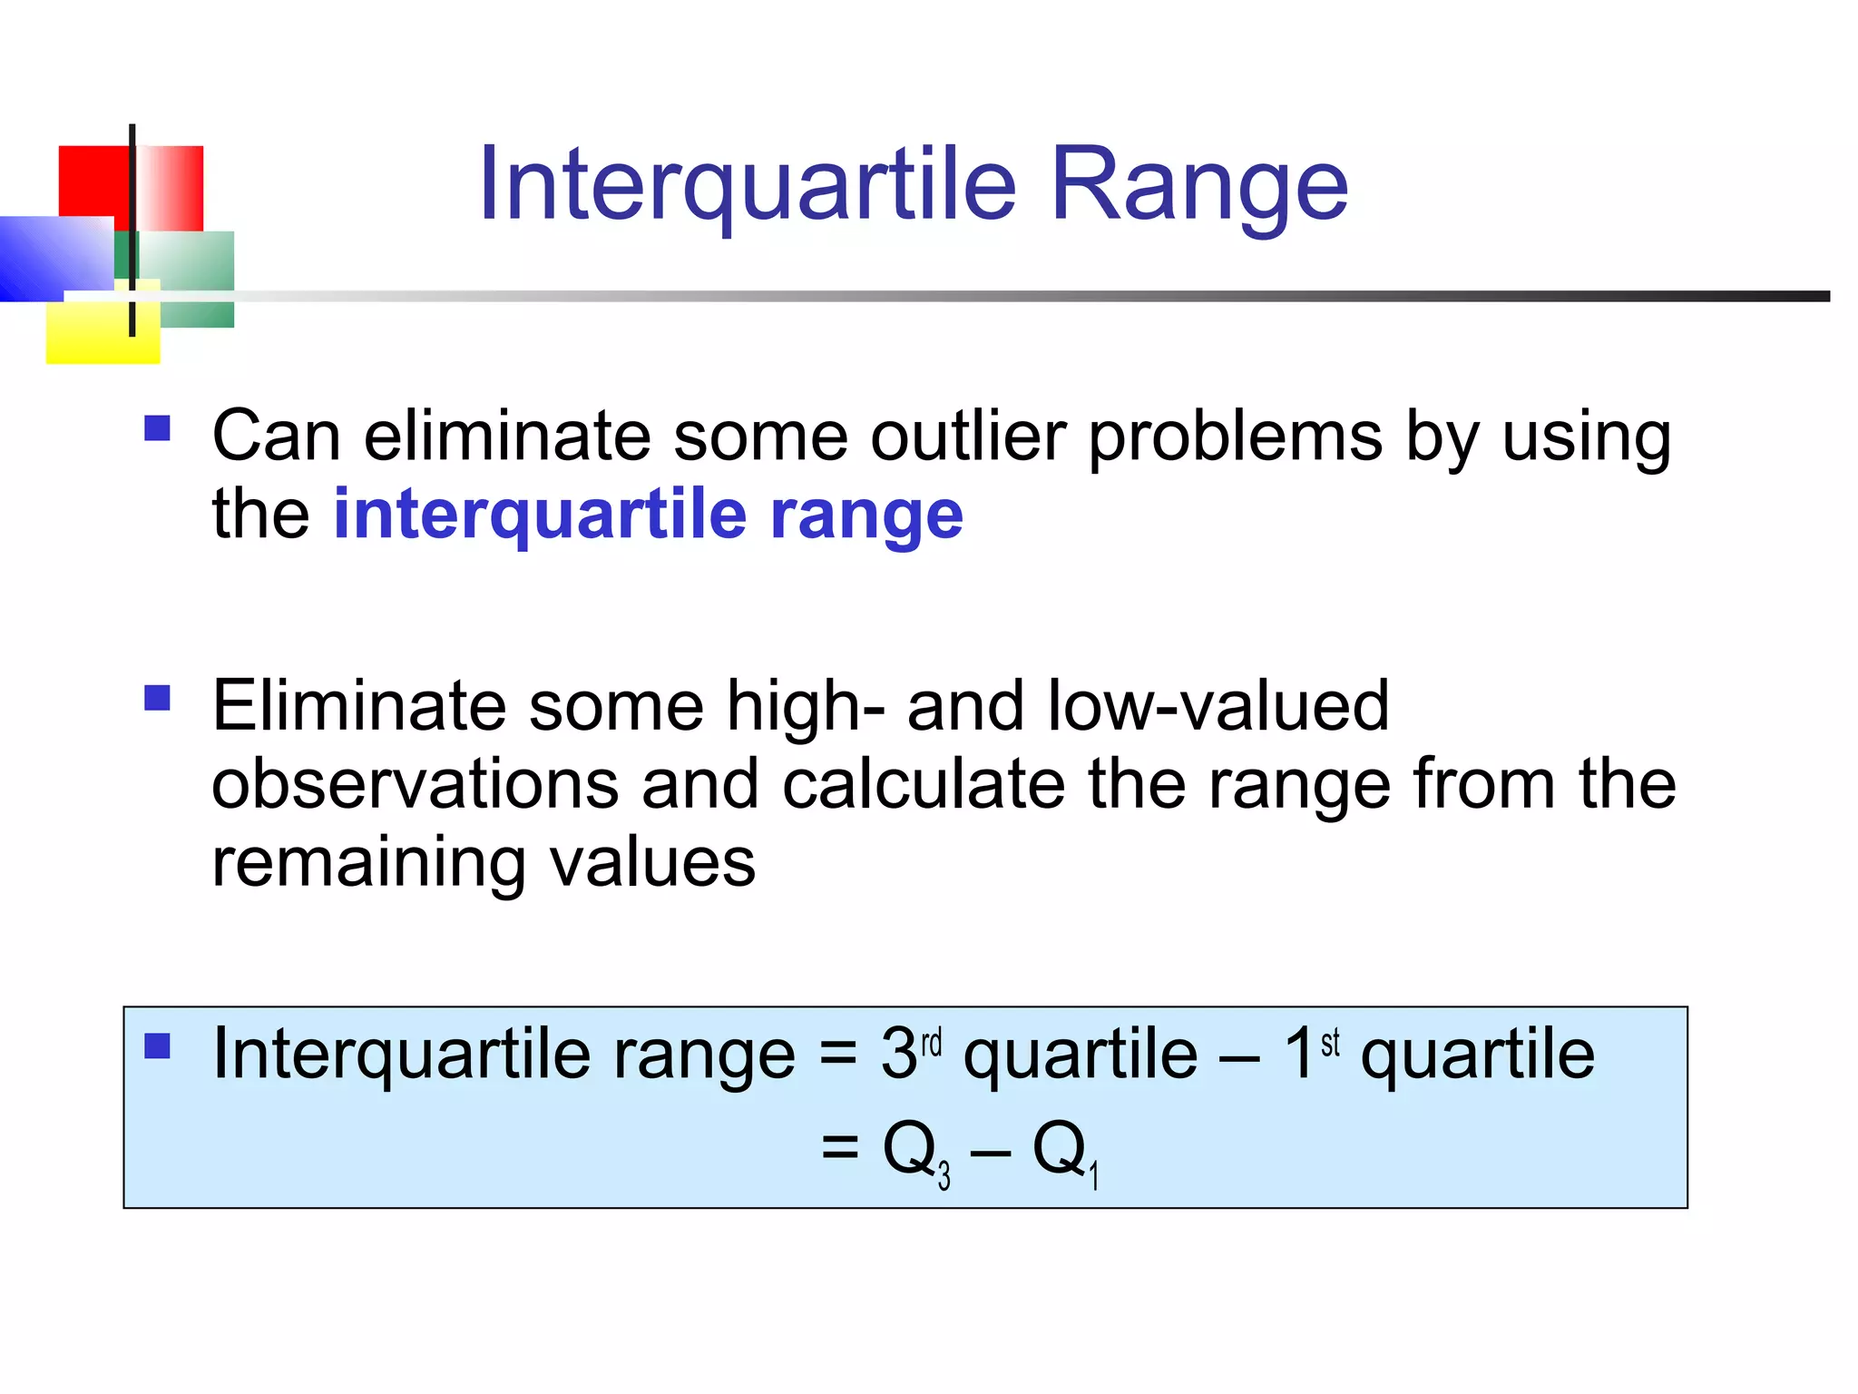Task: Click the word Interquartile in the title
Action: click(x=748, y=186)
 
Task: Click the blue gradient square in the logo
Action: click(x=50, y=259)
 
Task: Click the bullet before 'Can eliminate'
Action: click(x=158, y=427)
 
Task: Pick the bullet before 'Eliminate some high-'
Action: click(x=158, y=698)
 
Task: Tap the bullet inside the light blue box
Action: click(x=158, y=1046)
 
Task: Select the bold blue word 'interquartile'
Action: click(x=541, y=515)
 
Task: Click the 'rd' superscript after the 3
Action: click(x=932, y=1043)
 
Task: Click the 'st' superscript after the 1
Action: click(x=1330, y=1043)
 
